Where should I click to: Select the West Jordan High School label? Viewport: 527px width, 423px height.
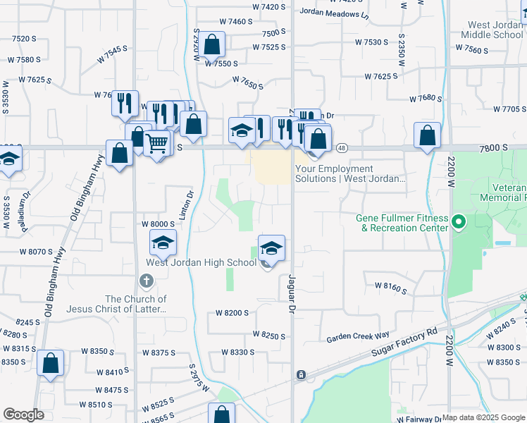(x=201, y=263)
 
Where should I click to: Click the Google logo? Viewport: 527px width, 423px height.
(x=23, y=415)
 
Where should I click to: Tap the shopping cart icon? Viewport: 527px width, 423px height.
(x=158, y=143)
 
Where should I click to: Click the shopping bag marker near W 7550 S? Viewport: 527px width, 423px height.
(x=211, y=45)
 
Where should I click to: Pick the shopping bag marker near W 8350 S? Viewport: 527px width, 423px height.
(x=51, y=364)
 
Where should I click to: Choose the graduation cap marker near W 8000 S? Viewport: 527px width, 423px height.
(x=163, y=243)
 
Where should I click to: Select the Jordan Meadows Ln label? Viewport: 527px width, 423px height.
(x=334, y=13)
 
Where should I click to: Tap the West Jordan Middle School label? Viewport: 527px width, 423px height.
(x=496, y=30)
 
